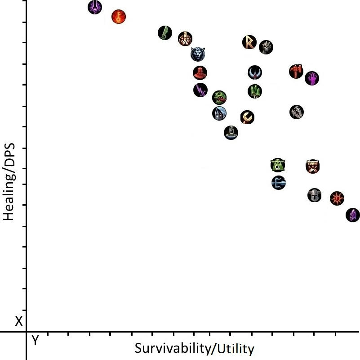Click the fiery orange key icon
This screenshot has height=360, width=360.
point(118,17)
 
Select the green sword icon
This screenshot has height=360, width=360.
point(165,33)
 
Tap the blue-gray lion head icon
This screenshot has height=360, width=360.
point(197,54)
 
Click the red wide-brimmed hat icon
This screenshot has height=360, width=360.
point(200,72)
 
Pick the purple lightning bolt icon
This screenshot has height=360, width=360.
point(200,90)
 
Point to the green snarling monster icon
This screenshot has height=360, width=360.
point(219,97)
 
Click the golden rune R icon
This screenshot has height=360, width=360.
point(249,42)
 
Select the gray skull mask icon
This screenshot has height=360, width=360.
point(266,47)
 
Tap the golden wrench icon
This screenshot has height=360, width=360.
point(247,117)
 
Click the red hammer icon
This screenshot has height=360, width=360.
point(296,71)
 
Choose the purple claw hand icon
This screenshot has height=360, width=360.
point(312,78)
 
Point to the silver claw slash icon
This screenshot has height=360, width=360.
point(296,112)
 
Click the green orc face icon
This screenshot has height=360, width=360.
point(278,165)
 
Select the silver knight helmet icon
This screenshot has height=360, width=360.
point(314,195)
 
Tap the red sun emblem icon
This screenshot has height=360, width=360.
point(337,198)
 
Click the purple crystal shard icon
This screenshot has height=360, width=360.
point(353,215)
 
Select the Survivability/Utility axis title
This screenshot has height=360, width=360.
point(194,349)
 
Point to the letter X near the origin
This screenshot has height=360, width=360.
point(18,321)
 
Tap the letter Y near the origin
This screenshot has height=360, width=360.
point(35,341)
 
